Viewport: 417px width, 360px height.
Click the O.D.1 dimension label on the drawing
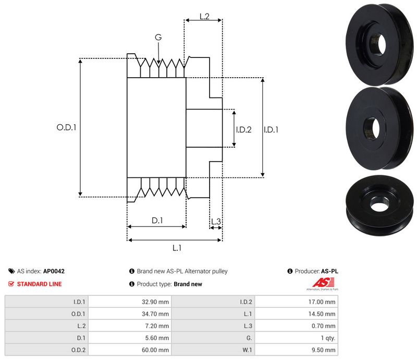point(66,127)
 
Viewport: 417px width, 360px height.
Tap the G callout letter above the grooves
point(158,38)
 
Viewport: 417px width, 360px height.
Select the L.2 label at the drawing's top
point(204,17)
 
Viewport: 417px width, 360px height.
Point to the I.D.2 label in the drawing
point(243,129)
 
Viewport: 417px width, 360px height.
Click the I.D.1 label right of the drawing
point(271,129)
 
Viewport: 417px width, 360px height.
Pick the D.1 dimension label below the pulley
point(157,221)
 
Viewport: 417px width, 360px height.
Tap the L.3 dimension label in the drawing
point(216,222)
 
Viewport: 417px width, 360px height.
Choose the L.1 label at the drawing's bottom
point(176,248)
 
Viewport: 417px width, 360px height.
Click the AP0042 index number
point(54,271)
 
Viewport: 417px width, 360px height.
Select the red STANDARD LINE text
point(39,284)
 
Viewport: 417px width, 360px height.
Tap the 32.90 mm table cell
point(156,302)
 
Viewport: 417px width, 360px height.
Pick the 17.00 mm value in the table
point(323,302)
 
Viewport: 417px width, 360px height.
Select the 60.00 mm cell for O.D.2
point(156,351)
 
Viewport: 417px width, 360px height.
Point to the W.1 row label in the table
point(246,351)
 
